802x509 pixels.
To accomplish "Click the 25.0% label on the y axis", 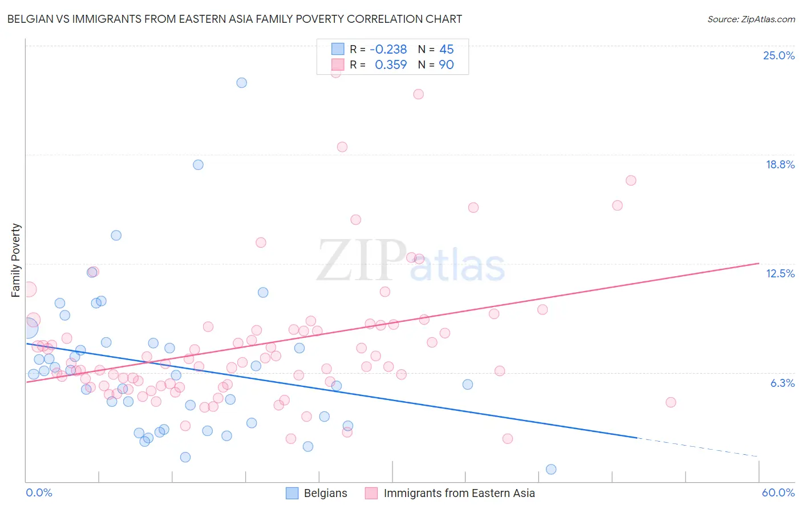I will pos(779,55).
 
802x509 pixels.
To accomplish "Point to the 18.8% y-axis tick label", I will pos(780,164).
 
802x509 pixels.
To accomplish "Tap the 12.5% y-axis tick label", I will pos(780,273).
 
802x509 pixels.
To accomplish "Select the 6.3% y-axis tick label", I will pos(782,383).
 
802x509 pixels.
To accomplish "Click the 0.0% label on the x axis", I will pos(39,492).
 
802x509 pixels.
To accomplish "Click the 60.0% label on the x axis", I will pos(777,492).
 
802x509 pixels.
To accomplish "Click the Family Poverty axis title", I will pos(16,260).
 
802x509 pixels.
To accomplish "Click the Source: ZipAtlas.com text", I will pos(751,19).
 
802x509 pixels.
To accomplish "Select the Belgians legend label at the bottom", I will pos(325,493).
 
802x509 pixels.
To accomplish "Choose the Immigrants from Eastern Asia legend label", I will pos(459,493).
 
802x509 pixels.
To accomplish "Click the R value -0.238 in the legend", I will pos(388,50).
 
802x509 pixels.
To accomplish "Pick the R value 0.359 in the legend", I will pos(391,65).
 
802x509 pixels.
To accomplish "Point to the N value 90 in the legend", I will pos(446,65).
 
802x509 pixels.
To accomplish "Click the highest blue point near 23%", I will pos(242,83).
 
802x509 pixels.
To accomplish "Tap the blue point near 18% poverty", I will pos(199,165).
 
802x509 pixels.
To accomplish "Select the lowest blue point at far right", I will pos(551,469).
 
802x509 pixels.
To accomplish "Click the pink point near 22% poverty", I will pos(419,94).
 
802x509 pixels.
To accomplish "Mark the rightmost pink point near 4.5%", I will pos(671,402).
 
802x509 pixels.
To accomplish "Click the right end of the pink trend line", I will pos(759,263).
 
